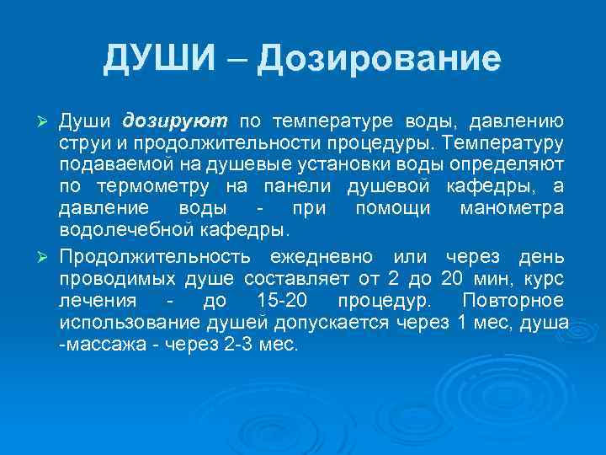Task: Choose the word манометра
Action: (x=512, y=207)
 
